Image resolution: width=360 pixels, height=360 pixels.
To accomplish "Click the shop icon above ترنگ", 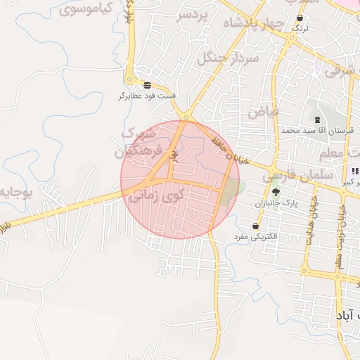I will [301, 18].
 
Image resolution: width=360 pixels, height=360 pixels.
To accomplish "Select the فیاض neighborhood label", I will [264, 111].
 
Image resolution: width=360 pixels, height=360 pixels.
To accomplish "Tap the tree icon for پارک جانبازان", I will [276, 192].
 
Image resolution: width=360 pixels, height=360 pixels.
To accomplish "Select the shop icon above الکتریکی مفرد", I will [255, 226].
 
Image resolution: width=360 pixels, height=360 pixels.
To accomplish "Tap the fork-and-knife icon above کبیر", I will [354, 172].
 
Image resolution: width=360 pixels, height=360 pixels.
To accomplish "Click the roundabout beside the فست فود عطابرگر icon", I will [187, 116].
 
